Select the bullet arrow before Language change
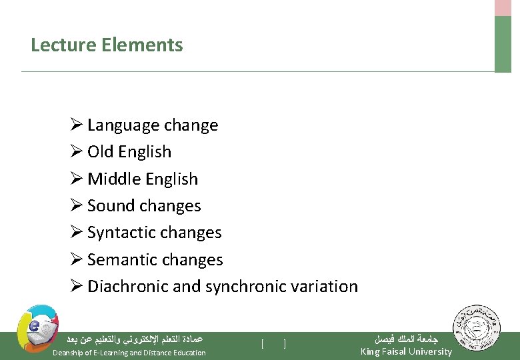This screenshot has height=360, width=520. (x=76, y=125)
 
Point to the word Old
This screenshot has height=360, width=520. (x=101, y=152)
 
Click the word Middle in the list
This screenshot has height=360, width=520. (x=114, y=179)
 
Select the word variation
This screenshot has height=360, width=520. (x=324, y=287)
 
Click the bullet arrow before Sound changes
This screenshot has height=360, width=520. (x=76, y=205)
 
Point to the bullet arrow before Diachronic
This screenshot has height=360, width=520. (x=76, y=286)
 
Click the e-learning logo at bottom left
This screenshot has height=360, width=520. (x=37, y=329)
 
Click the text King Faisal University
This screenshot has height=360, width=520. (x=405, y=351)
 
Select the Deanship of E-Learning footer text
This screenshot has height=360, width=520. (x=129, y=353)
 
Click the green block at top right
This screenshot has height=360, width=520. (x=503, y=43)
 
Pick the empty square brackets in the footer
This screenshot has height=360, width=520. (x=273, y=344)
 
